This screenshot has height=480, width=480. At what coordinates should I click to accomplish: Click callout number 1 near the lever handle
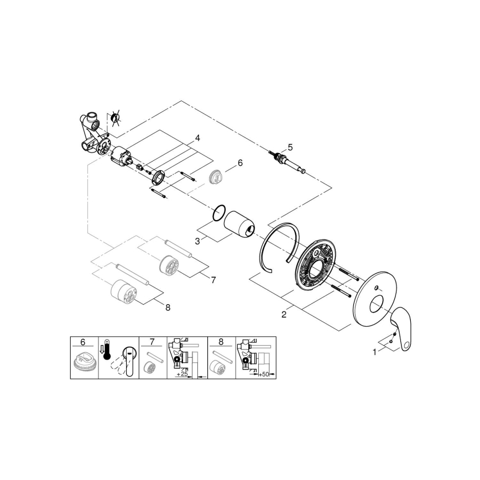[x=374, y=351]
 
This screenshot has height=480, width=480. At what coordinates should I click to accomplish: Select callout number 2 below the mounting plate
[x=284, y=315]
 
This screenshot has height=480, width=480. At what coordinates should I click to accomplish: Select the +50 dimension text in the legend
[x=264, y=374]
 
